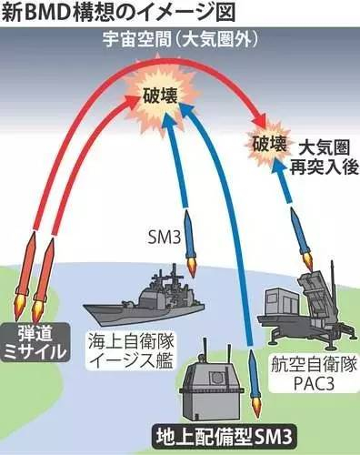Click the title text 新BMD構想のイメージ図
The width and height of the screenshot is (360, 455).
pos(119,13)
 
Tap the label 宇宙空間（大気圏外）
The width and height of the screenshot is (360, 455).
pos(181,39)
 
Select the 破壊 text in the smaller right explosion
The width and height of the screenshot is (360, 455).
pos(270,144)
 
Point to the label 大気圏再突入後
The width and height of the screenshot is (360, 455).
pos(325,157)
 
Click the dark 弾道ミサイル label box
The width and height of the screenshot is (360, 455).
pos(35,342)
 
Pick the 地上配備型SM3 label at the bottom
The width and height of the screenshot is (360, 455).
pos(225,437)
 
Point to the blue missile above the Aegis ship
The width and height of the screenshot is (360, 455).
pos(190,243)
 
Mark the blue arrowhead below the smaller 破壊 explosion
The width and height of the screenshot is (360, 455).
pos(277,167)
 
